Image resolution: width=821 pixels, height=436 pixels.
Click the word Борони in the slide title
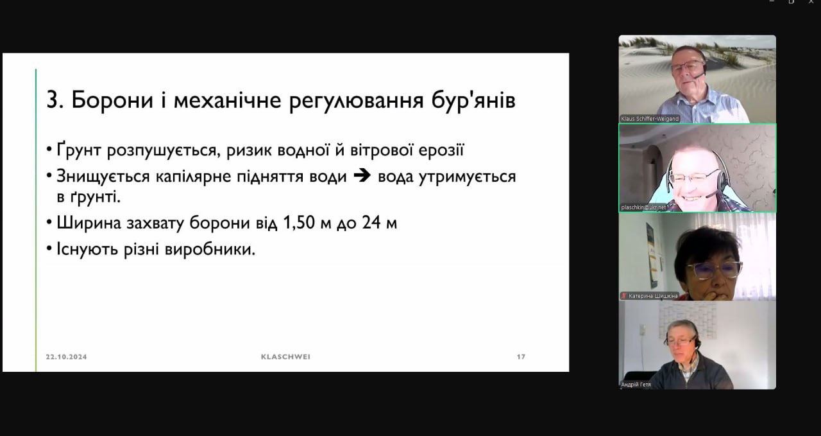pyautogui.click(x=112, y=100)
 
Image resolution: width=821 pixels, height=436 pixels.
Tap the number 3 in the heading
pyautogui.click(x=53, y=100)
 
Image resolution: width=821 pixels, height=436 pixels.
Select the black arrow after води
pyautogui.click(x=362, y=176)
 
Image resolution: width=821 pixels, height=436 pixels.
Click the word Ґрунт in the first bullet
pyautogui.click(x=79, y=150)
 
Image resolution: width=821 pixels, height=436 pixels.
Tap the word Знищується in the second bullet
pyautogui.click(x=103, y=177)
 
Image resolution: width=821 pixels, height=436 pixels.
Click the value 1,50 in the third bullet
pyautogui.click(x=299, y=223)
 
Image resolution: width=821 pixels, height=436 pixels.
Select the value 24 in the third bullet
pyautogui.click(x=371, y=222)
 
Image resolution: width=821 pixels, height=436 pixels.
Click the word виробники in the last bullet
pyautogui.click(x=210, y=249)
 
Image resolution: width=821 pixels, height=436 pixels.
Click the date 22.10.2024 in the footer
pyautogui.click(x=66, y=357)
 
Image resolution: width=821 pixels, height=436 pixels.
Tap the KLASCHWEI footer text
pyautogui.click(x=285, y=357)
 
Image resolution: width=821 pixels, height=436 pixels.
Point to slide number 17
pyautogui.click(x=521, y=357)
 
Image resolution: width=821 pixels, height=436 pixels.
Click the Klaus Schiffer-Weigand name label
pyautogui.click(x=650, y=119)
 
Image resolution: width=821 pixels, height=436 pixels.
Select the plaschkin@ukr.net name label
pyautogui.click(x=643, y=207)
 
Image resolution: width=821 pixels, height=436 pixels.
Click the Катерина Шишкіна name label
pyautogui.click(x=653, y=296)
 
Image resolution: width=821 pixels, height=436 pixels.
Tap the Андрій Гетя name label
pyautogui.click(x=636, y=385)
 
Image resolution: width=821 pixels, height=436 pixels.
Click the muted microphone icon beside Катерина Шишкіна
pyautogui.click(x=624, y=296)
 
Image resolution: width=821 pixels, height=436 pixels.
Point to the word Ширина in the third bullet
pyautogui.click(x=89, y=223)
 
